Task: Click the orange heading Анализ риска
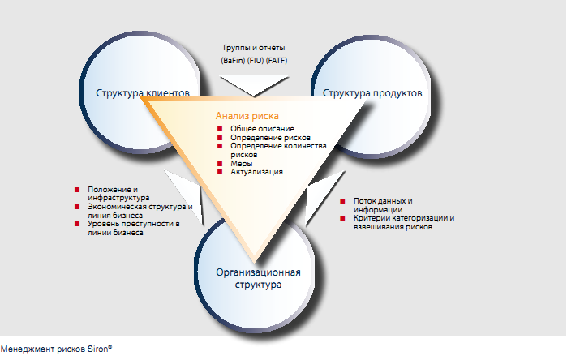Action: (x=247, y=116)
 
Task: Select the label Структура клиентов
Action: (x=143, y=93)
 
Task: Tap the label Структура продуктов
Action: (x=372, y=93)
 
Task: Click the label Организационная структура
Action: (x=258, y=278)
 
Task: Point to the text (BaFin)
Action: (x=233, y=60)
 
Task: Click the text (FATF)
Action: (x=277, y=60)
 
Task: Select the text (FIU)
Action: (x=256, y=60)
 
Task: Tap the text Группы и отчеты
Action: (x=254, y=48)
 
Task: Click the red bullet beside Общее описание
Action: (x=220, y=129)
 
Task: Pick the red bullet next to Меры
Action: (x=220, y=163)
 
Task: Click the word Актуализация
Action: (x=257, y=172)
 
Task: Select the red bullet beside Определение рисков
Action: (x=220, y=137)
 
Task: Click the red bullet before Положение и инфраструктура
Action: (x=77, y=190)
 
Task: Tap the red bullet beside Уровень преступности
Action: (x=77, y=224)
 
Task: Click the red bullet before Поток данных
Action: (x=342, y=201)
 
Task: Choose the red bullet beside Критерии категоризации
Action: (x=342, y=218)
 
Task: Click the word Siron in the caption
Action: (x=97, y=349)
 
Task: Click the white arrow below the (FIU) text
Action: (x=254, y=86)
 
